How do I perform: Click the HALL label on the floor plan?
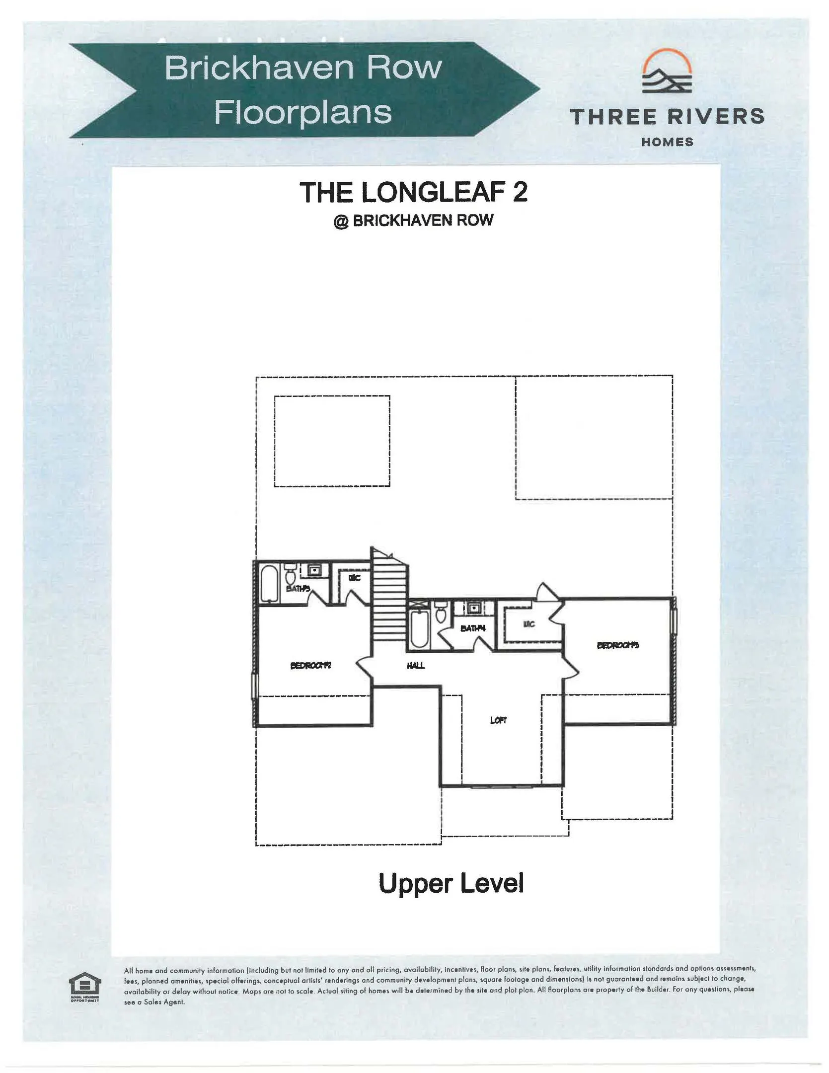415,665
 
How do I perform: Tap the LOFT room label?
498,720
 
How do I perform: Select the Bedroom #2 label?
310,665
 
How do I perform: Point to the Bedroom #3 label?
617,645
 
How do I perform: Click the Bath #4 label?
472,628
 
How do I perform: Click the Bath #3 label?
298,589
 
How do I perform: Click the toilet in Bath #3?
290,576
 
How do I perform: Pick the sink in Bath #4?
474,607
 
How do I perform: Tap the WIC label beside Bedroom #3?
529,624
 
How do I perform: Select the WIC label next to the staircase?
354,577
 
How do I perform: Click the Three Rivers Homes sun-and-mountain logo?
667,72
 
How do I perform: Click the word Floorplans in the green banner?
303,112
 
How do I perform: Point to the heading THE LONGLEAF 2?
413,192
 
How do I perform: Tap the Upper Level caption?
451,883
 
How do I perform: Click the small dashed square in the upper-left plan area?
332,441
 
